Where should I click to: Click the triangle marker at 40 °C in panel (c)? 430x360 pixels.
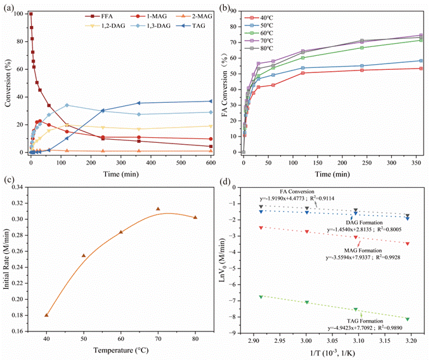(x=46, y=315)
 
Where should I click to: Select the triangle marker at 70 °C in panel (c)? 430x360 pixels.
(x=158, y=209)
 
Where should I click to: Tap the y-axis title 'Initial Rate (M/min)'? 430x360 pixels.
(x=8, y=259)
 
